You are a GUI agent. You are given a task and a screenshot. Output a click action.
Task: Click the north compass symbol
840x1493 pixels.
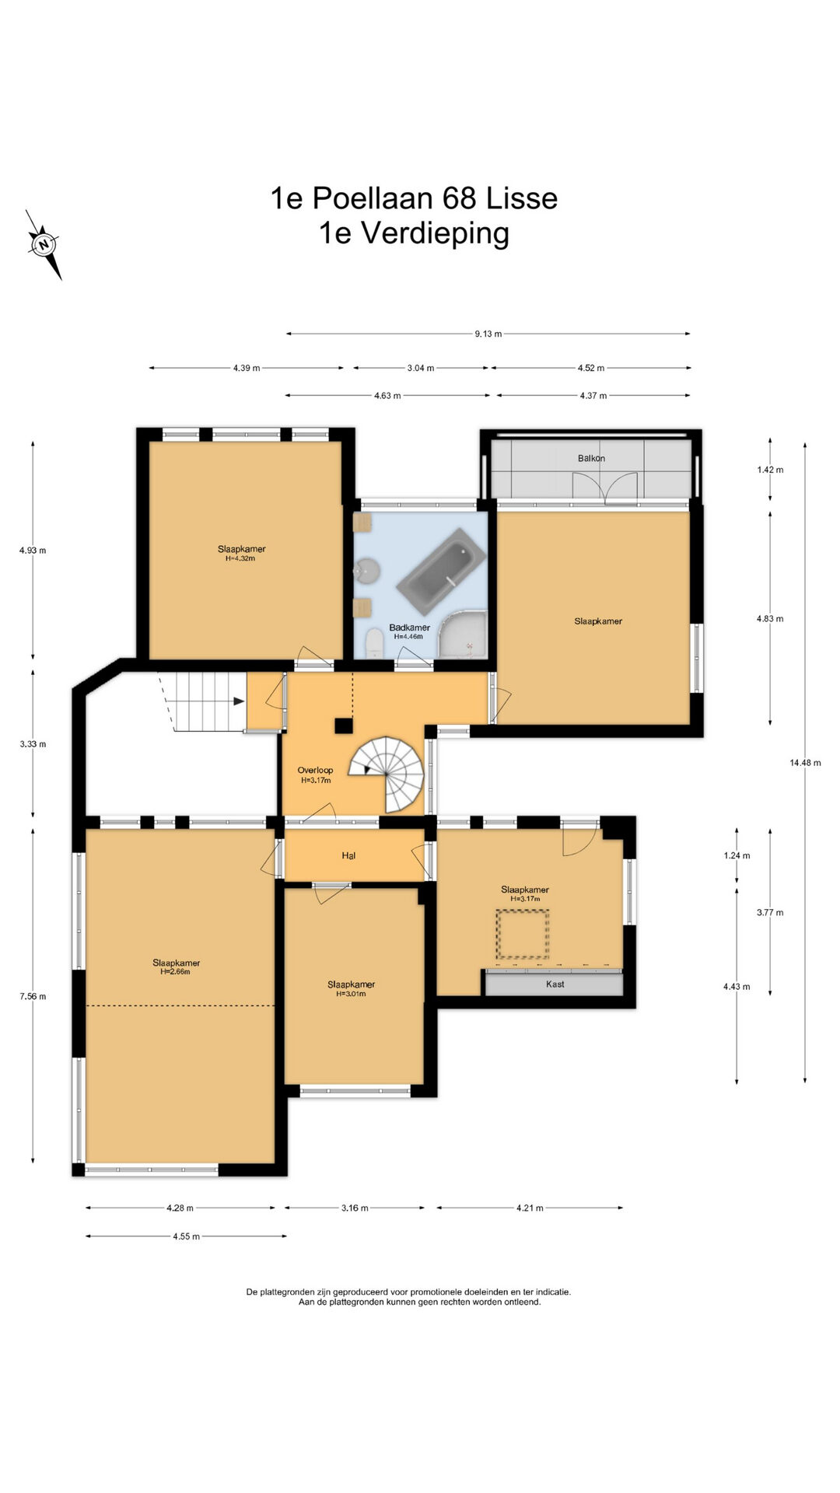(44, 244)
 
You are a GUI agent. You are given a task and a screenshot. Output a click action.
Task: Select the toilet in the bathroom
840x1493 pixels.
(374, 643)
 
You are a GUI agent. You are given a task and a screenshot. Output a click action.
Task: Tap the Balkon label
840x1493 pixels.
(591, 458)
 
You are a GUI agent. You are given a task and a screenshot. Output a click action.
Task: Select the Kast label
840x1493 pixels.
(555, 984)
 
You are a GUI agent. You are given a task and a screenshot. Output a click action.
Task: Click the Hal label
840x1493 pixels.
(348, 855)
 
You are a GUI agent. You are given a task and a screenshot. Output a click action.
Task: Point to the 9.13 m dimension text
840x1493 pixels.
(488, 334)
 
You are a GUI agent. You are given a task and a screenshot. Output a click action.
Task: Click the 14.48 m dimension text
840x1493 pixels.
(805, 763)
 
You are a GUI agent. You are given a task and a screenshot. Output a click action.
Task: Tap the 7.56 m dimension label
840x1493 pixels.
(33, 996)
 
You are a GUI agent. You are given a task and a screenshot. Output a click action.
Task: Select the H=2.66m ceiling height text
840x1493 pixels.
(176, 971)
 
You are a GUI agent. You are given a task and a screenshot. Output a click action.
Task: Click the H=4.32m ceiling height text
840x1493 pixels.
(241, 558)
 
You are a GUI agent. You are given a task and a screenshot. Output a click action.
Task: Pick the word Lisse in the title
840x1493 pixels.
(522, 198)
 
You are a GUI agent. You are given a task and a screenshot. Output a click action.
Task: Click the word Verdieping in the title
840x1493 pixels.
(436, 233)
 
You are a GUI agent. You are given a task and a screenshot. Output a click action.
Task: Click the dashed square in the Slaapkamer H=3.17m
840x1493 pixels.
(523, 934)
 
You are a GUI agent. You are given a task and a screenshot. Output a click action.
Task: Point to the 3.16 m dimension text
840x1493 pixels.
(355, 1208)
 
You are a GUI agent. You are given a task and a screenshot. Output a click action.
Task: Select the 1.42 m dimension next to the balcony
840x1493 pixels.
(770, 469)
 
